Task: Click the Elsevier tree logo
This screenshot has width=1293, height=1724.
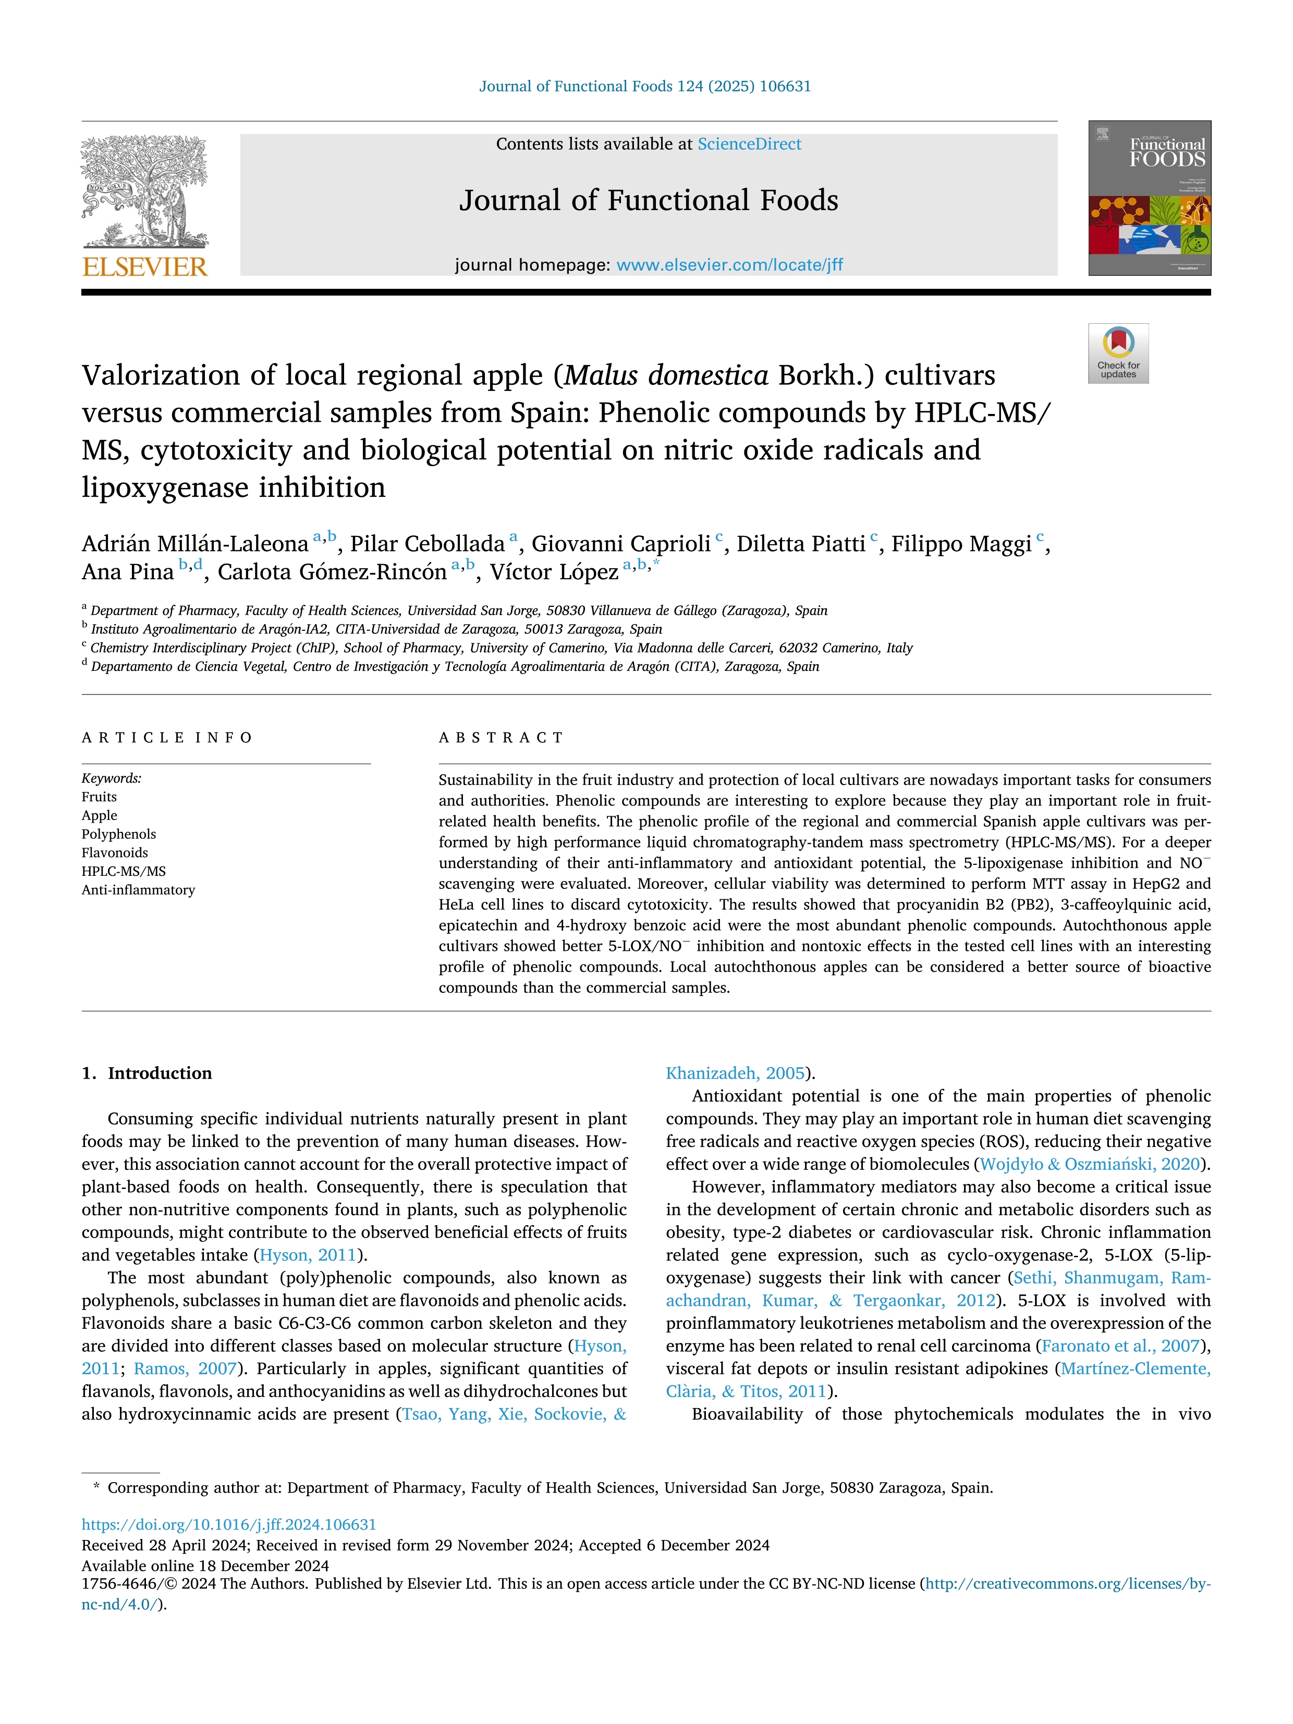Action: [x=145, y=191]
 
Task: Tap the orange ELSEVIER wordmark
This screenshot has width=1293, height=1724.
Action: [x=145, y=267]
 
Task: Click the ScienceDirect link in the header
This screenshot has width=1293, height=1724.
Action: [x=749, y=144]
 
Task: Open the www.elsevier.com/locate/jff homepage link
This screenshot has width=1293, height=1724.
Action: [x=729, y=265]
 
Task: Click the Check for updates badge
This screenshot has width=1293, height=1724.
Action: [x=1118, y=353]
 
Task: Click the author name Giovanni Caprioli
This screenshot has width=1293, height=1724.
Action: [x=620, y=543]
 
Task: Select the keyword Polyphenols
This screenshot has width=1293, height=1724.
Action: [x=118, y=834]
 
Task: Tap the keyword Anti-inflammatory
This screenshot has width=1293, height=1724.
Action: [x=138, y=889]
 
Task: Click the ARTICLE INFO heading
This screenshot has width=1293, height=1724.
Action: [x=167, y=737]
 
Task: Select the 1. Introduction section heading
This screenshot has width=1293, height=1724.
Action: [x=147, y=1073]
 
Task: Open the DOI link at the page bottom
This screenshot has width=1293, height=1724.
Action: [x=228, y=1524]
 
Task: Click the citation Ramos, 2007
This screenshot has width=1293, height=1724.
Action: [x=184, y=1368]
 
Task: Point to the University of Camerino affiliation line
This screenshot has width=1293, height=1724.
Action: [x=501, y=647]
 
